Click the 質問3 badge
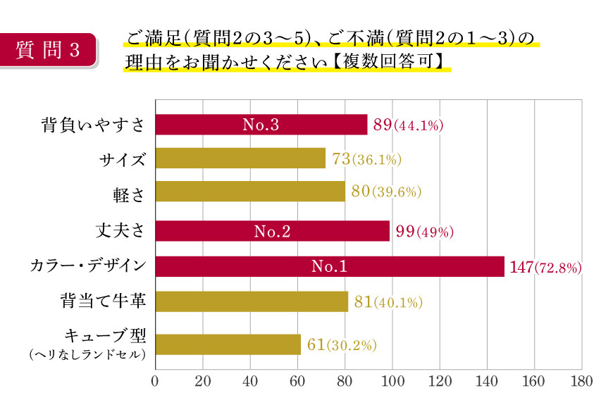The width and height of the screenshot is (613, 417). coord(48,49)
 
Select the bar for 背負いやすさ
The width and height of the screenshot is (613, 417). coord(261,125)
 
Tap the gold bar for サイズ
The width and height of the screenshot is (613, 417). coord(240,158)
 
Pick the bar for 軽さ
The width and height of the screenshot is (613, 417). coord(249,192)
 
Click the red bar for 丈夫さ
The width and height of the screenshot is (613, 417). coord(272,231)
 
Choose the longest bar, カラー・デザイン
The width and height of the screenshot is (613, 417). coord(329,267)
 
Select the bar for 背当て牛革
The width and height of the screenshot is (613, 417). coord(251,301)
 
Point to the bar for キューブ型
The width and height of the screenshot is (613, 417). coord(228,344)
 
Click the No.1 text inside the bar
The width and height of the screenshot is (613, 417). coord(329,267)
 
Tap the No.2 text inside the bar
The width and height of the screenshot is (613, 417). coord(271,232)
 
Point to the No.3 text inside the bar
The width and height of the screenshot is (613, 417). coord(261,125)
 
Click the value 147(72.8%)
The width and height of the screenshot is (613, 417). coord(543,268)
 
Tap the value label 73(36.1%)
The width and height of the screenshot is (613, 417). coord(366,159)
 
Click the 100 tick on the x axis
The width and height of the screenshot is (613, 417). coord(392,382)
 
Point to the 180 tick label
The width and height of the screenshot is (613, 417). coord(581,382)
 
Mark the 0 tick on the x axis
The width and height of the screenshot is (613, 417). coord(155,382)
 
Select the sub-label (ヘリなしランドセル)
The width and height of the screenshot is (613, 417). coord(87,355)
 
